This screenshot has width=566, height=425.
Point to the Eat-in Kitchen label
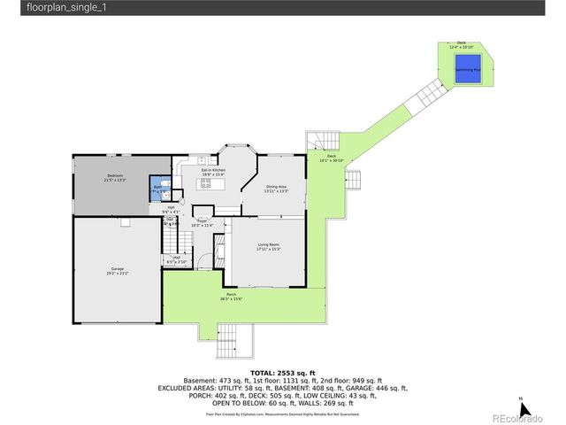[213, 172]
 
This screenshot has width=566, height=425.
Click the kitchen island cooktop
[206, 184]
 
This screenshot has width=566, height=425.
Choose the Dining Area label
[277, 189]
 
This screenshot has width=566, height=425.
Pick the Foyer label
[201, 222]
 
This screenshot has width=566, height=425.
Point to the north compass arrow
[524, 407]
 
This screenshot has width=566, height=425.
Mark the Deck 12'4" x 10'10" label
[462, 44]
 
